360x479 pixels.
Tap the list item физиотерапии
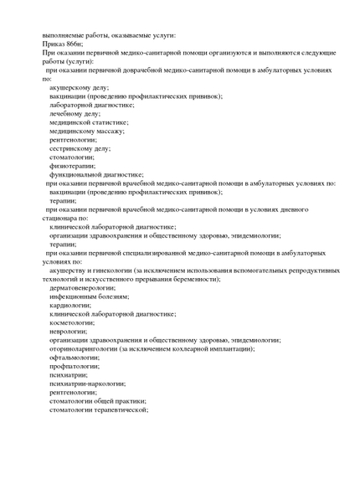[72, 166]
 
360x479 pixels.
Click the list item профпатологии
[75, 366]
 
